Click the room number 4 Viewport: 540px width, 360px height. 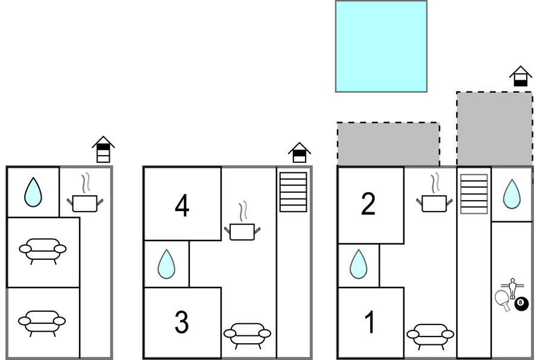182,206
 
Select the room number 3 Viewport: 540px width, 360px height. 182,322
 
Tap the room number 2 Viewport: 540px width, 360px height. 368,204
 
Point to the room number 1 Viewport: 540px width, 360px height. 370,322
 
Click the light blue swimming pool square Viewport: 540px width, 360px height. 381,46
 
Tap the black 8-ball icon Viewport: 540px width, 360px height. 521,303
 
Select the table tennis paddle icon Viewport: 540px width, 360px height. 503,300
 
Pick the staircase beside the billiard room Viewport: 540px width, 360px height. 474,194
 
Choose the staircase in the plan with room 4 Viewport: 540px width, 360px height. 294,192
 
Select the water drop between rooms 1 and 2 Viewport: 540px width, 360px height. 359,264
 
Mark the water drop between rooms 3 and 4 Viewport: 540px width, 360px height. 166,264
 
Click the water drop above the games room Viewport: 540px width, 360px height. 512,194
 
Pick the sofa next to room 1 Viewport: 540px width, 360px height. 430,336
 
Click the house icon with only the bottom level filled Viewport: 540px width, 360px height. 521,76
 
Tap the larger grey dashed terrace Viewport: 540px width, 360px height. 495,129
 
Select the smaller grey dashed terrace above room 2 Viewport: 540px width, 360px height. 388,144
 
